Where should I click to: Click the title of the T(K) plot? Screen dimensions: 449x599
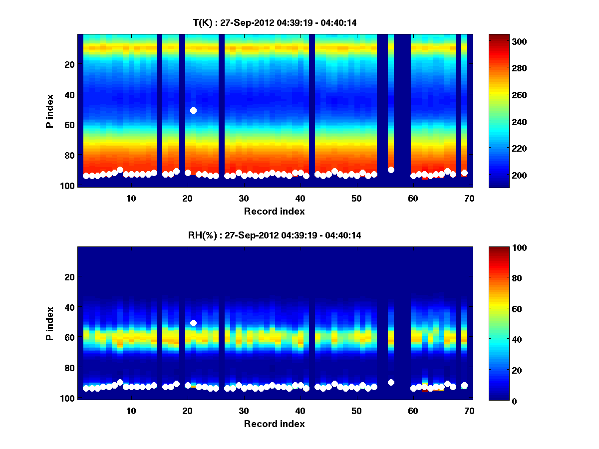click(x=274, y=22)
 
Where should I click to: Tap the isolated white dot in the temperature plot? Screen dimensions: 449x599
click(x=193, y=110)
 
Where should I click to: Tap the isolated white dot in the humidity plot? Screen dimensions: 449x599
click(x=193, y=323)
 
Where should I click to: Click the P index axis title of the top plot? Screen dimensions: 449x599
click(x=50, y=111)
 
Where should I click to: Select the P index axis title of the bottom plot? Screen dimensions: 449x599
click(x=50, y=323)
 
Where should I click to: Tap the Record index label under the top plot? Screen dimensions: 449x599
click(x=274, y=211)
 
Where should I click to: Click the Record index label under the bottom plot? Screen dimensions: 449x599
click(x=274, y=424)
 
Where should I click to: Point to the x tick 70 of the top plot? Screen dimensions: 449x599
click(x=469, y=198)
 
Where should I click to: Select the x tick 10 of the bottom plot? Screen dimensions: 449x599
click(x=131, y=411)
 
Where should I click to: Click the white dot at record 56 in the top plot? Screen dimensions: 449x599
click(x=391, y=170)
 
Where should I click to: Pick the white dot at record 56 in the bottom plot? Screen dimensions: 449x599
click(x=391, y=382)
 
